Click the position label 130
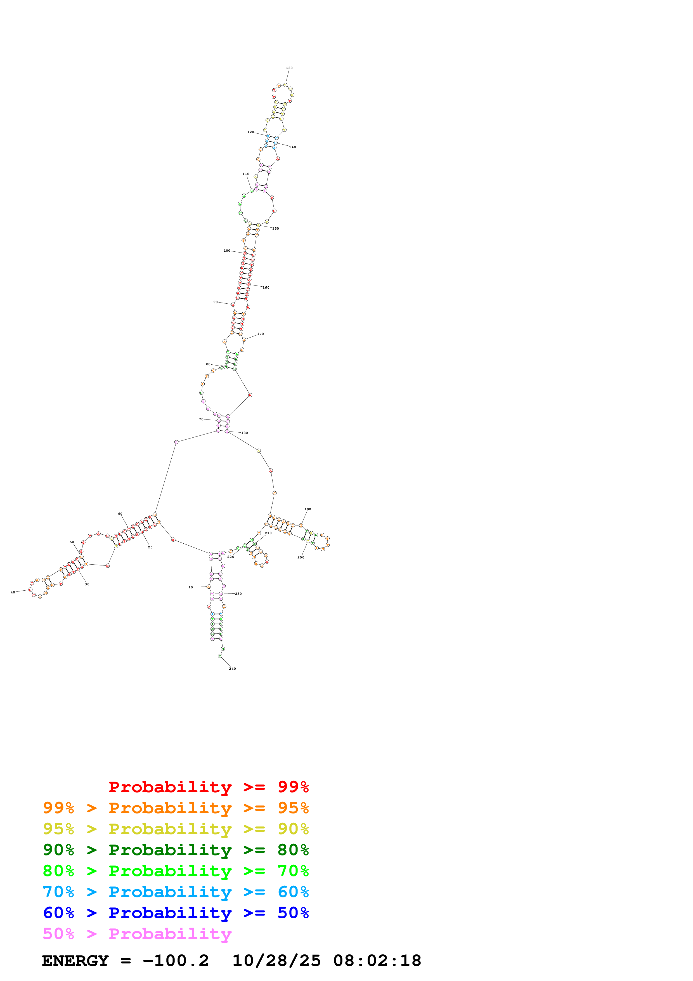(289, 68)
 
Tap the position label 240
(232, 669)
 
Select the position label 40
(13, 592)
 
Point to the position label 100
(227, 251)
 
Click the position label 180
(245, 433)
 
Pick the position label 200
(301, 557)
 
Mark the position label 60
(120, 514)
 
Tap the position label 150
(276, 228)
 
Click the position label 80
(208, 364)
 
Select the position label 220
(231, 557)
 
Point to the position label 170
(261, 334)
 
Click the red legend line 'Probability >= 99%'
(208, 787)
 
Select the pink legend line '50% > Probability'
(137, 933)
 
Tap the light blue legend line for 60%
(176, 892)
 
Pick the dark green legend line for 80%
(176, 850)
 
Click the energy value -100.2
(176, 961)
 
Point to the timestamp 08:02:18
(377, 961)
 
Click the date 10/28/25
(276, 961)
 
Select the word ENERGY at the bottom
(75, 961)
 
